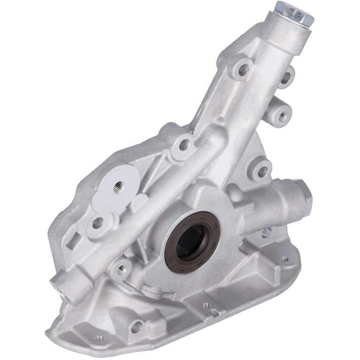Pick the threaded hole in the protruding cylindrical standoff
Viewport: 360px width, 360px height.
pos(282,114)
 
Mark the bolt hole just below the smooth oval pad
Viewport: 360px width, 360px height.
pos(98,222)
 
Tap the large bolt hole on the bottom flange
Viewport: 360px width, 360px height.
pos(137,326)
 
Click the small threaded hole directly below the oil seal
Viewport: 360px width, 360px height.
pos(205,305)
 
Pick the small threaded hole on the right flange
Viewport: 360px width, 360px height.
pos(283,259)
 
